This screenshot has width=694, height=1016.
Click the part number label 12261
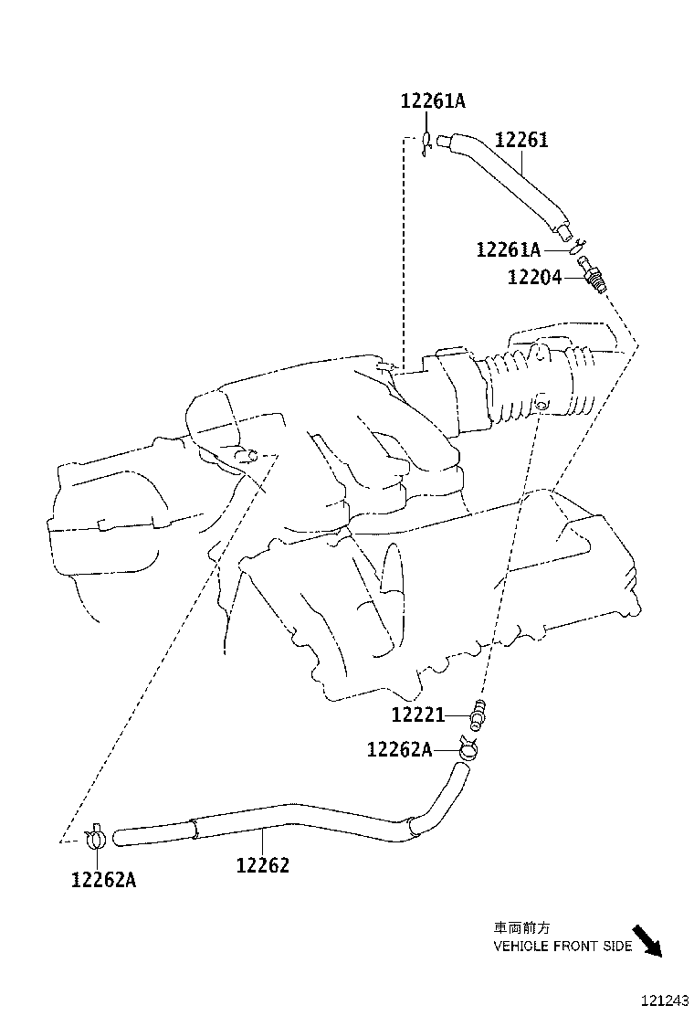coord(521,141)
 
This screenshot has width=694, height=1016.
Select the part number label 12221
coord(418,714)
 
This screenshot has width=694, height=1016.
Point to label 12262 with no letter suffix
coord(262,864)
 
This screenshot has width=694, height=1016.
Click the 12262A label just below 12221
coord(399,749)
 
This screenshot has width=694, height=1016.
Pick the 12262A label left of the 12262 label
coord(103,879)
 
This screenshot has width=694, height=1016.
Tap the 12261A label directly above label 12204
coord(509,249)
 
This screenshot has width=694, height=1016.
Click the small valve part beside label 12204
coord(592,274)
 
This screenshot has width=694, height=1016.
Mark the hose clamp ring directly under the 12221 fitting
coord(468,750)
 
